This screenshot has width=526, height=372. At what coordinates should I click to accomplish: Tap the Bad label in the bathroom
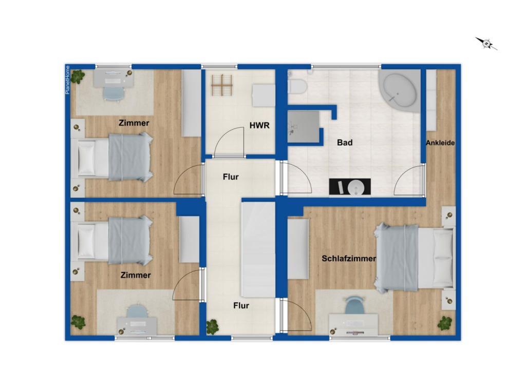tap(345, 143)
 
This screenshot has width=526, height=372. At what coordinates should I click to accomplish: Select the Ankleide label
tap(440, 143)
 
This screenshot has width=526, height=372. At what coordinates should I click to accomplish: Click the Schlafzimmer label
tap(349, 259)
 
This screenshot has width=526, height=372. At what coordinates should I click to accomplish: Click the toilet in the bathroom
tap(297, 86)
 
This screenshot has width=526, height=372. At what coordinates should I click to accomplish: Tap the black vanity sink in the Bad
tap(350, 187)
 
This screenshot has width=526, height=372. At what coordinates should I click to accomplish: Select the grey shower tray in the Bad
tap(303, 126)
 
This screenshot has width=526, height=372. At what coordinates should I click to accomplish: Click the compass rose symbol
tap(486, 44)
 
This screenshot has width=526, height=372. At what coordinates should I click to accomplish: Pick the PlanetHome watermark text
tap(67, 80)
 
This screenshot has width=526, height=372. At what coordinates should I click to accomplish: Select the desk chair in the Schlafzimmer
tap(353, 306)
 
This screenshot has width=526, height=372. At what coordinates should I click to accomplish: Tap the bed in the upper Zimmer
tap(116, 156)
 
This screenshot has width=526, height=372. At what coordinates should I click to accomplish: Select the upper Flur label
tap(231, 177)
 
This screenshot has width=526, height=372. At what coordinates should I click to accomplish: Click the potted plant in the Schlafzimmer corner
tap(445, 323)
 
